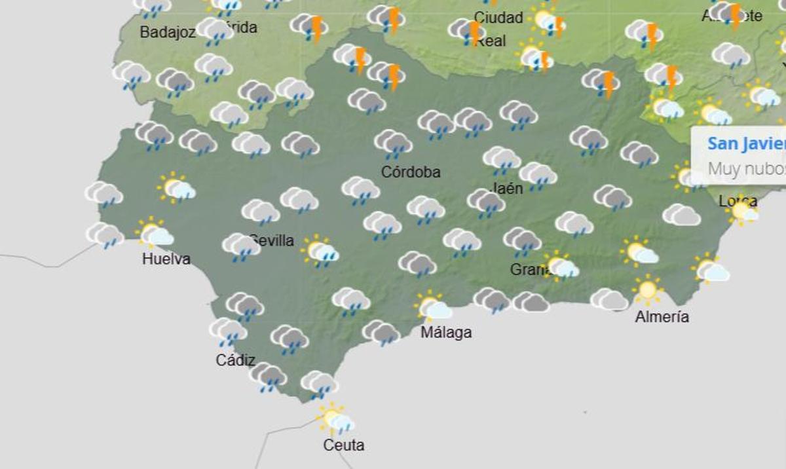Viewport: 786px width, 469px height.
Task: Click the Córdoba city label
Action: click(x=411, y=172)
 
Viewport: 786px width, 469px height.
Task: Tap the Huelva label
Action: click(x=166, y=259)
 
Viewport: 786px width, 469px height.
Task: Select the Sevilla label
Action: click(x=272, y=240)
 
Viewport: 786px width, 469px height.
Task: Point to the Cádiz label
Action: click(x=235, y=360)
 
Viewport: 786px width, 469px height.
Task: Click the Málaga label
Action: click(x=446, y=332)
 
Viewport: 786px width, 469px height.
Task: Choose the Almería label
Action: click(x=662, y=316)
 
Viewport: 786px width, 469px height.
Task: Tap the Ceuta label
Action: click(x=344, y=445)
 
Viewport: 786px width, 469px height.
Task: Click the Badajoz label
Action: click(x=168, y=32)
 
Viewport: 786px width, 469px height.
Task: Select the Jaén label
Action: click(x=506, y=188)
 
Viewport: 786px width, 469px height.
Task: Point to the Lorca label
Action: click(x=738, y=200)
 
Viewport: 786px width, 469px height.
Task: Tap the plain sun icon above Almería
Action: click(x=647, y=289)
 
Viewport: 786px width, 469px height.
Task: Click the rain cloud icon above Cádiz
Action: click(x=228, y=330)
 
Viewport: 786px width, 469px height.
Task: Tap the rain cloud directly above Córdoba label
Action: click(x=393, y=143)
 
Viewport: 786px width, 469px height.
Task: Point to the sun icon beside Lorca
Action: click(x=743, y=212)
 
